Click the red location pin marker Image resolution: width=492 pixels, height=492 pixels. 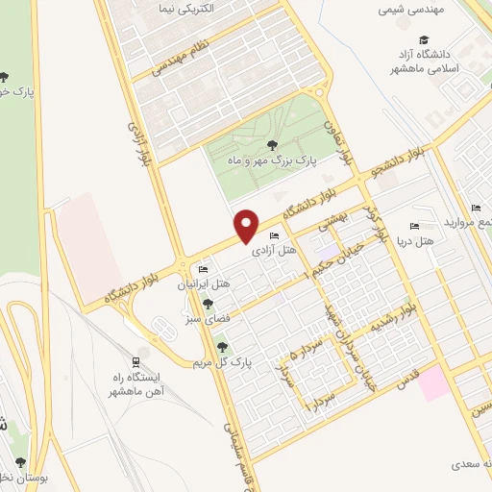tap(247, 225)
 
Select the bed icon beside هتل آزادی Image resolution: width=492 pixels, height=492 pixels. tap(275, 236)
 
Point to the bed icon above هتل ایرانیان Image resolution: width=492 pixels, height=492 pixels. tap(202, 269)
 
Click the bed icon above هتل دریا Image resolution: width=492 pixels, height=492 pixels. tap(414, 226)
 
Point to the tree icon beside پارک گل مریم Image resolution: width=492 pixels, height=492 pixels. tap(223, 347)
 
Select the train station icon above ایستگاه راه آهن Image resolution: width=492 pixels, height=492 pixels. tap(137, 361)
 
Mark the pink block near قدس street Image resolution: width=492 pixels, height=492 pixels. tap(432, 383)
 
